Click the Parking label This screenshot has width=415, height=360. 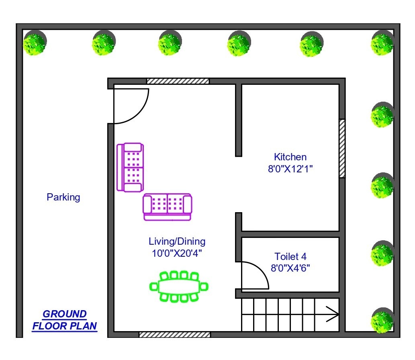click(63, 197)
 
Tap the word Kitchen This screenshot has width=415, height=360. click(290, 157)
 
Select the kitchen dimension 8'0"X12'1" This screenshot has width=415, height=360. click(290, 169)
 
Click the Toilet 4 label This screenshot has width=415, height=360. click(290, 256)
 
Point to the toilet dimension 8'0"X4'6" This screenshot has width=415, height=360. click(290, 268)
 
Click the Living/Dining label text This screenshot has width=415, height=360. click(177, 241)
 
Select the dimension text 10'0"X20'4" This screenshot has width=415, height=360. click(177, 253)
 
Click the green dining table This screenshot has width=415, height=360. click(179, 286)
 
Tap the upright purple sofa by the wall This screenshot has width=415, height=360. click(130, 167)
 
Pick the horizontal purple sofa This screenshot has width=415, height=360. click(167, 207)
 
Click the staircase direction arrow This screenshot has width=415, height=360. click(332, 314)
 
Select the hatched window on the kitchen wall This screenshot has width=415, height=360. click(342, 148)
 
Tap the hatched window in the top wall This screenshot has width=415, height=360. click(178, 81)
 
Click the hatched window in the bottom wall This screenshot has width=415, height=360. click(175, 335)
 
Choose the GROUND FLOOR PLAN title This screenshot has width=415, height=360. click(65, 320)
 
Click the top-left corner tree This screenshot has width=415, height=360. click(35, 43)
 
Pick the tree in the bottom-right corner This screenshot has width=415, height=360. click(382, 321)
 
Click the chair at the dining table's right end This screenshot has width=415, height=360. click(204, 286)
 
